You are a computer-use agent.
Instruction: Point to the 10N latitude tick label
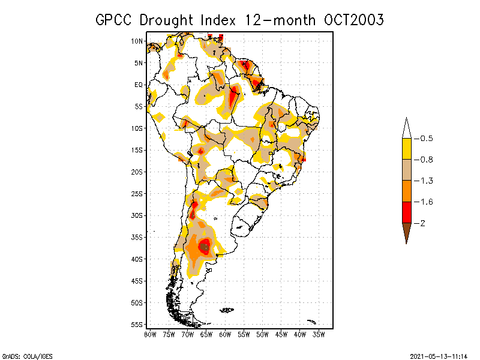coord(137,41)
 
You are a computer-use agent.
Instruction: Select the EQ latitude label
coord(139,85)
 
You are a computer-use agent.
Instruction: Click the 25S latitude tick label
coord(137,194)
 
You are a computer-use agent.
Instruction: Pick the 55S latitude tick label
coord(137,325)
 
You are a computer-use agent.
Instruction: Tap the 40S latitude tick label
coord(137,259)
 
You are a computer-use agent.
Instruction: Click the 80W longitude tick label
coord(150,334)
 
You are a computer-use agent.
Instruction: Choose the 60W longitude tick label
coord(225,334)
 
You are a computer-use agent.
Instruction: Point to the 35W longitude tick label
coord(319,334)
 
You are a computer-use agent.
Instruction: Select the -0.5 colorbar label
coord(423,139)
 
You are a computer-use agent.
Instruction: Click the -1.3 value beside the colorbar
coord(423,181)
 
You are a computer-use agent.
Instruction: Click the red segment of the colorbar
coord(406,212)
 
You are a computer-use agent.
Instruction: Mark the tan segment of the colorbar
coord(406,170)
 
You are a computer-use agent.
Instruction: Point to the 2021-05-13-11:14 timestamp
coord(439,355)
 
